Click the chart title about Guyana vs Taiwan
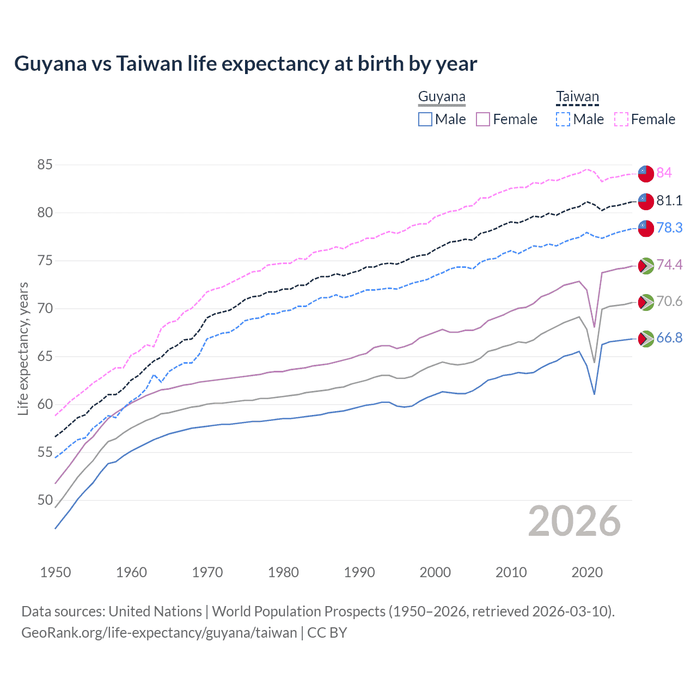point(246,64)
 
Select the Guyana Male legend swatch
point(425,119)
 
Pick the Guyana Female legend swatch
point(483,119)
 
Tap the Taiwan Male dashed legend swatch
point(563,119)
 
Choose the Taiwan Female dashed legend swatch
point(621,119)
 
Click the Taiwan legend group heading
point(577,97)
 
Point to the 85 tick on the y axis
point(45,164)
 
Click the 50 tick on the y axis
point(45,500)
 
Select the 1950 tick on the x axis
point(56,572)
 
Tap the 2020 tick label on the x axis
point(587,572)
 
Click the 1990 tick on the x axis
point(359,572)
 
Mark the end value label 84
point(664,173)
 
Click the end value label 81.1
point(669,200)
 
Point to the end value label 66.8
point(669,338)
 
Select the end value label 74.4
point(669,265)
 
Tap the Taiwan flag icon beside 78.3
point(646,228)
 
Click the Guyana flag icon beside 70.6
point(646,302)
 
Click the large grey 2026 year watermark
point(574,521)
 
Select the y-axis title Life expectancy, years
point(23,348)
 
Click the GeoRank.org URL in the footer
point(159,633)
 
